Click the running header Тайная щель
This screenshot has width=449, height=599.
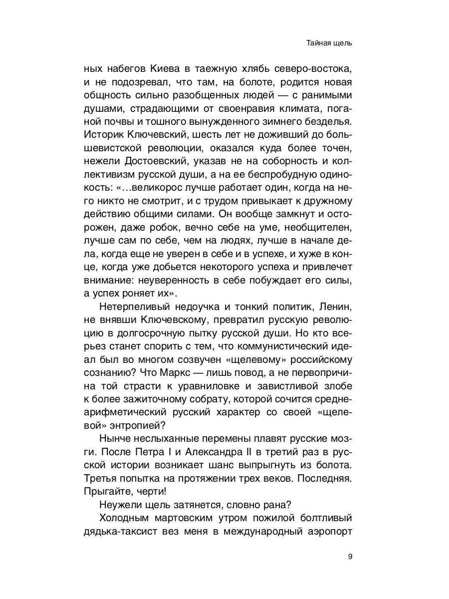pyautogui.click(x=329, y=43)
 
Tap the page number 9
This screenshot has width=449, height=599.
pyautogui.click(x=350, y=557)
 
